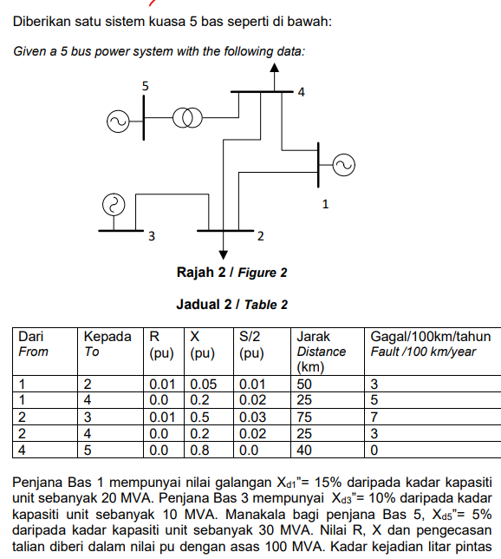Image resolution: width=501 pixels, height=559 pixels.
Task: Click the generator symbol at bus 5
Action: click(118, 122)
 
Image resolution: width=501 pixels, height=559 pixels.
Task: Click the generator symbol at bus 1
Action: click(343, 165)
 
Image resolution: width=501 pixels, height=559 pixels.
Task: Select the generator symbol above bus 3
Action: click(114, 205)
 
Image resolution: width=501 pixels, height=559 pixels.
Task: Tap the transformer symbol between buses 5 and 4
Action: click(187, 118)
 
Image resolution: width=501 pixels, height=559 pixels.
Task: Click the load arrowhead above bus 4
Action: click(274, 68)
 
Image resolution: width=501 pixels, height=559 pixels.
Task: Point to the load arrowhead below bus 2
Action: click(224, 255)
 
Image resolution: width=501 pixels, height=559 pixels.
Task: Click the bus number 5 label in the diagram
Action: click(146, 86)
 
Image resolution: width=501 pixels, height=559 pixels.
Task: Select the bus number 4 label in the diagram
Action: click(302, 92)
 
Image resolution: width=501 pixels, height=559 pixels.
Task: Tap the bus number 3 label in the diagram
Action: click(152, 236)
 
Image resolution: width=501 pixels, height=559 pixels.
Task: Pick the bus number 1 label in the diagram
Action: click(325, 204)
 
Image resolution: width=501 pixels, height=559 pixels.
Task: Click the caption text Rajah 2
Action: click(201, 273)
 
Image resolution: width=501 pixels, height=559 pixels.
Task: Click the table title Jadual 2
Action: click(204, 305)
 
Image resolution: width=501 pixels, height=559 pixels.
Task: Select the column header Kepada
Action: click(107, 337)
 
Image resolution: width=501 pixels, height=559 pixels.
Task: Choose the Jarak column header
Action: click(314, 337)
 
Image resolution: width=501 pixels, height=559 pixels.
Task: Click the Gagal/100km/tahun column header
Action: click(431, 337)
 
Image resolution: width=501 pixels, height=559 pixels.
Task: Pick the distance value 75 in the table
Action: click(304, 418)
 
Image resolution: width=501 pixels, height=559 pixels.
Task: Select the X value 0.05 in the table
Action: click(204, 385)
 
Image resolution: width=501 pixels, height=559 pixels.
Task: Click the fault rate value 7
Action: click(374, 418)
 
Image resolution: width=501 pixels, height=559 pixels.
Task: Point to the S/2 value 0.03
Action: click(252, 418)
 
